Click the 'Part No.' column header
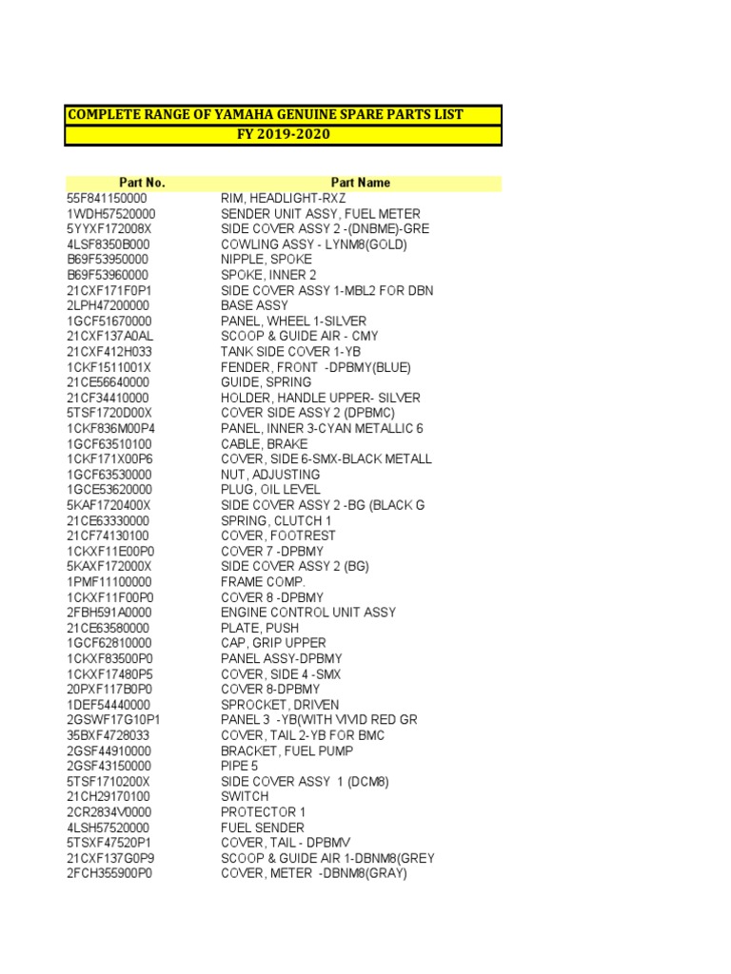142,183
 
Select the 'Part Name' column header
361,183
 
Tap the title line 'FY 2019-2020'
283,134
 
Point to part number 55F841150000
108,198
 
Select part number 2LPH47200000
109,305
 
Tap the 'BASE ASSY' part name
255,305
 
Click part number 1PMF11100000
109,581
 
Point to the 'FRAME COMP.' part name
263,581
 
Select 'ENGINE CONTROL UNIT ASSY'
307,613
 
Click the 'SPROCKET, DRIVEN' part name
278,705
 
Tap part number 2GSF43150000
109,766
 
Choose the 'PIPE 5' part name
239,766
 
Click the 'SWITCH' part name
245,796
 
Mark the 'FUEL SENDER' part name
263,828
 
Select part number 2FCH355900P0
109,873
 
